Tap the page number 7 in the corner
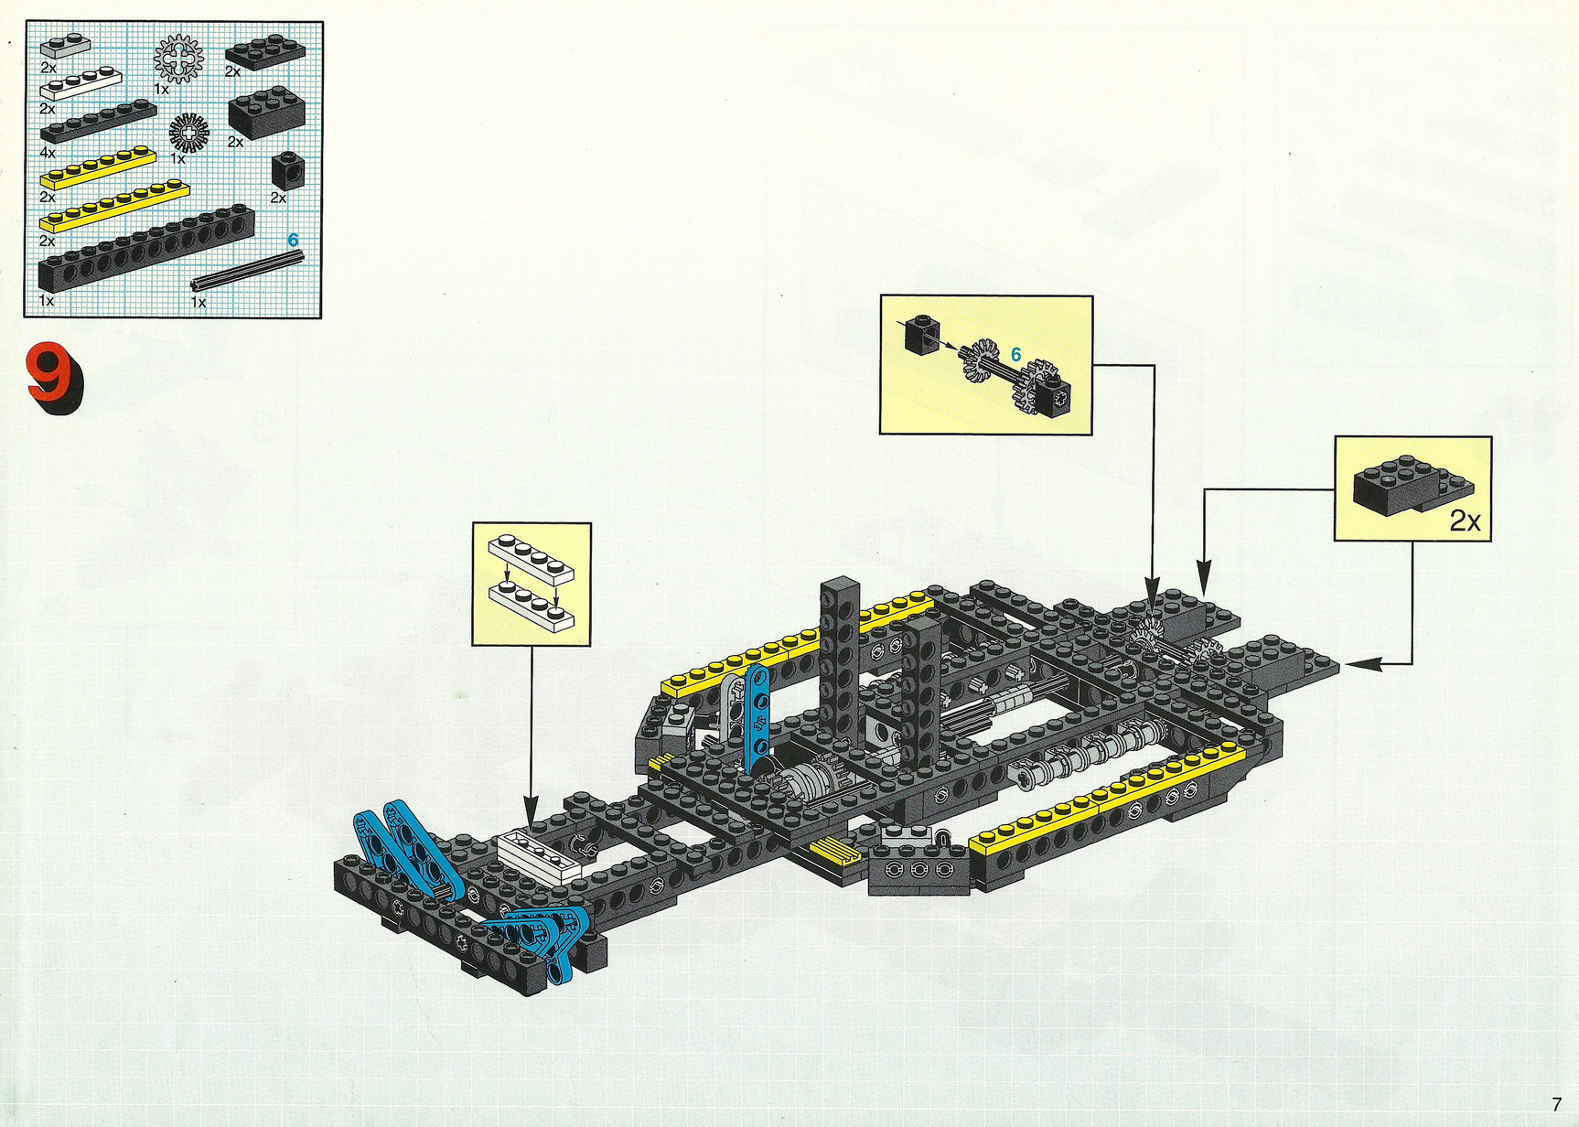point(1556,1105)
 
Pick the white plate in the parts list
point(81,83)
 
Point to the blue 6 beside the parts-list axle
point(293,241)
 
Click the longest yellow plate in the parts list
point(114,206)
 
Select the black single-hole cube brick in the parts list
point(288,171)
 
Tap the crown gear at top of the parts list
point(178,59)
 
